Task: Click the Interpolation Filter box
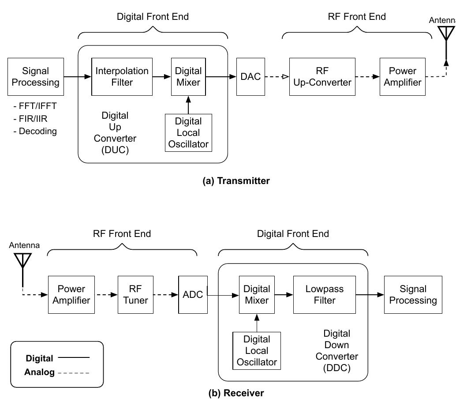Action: tap(122, 77)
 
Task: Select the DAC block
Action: tap(250, 77)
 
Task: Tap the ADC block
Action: tap(193, 295)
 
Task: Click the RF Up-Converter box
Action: tap(322, 77)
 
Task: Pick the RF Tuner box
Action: tap(136, 295)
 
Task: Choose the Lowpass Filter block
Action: tap(324, 295)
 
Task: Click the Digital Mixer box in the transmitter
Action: tap(188, 77)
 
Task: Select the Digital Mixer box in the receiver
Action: tap(257, 295)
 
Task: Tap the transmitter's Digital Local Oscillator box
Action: tap(188, 133)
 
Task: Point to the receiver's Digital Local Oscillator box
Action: tap(257, 351)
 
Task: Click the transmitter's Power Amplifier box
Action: tap(403, 77)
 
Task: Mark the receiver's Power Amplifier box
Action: tap(71, 295)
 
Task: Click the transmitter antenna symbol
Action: tap(447, 35)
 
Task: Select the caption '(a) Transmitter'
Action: tap(235, 180)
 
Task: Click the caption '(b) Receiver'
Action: tap(236, 393)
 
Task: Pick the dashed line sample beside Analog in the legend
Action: tap(73, 372)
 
